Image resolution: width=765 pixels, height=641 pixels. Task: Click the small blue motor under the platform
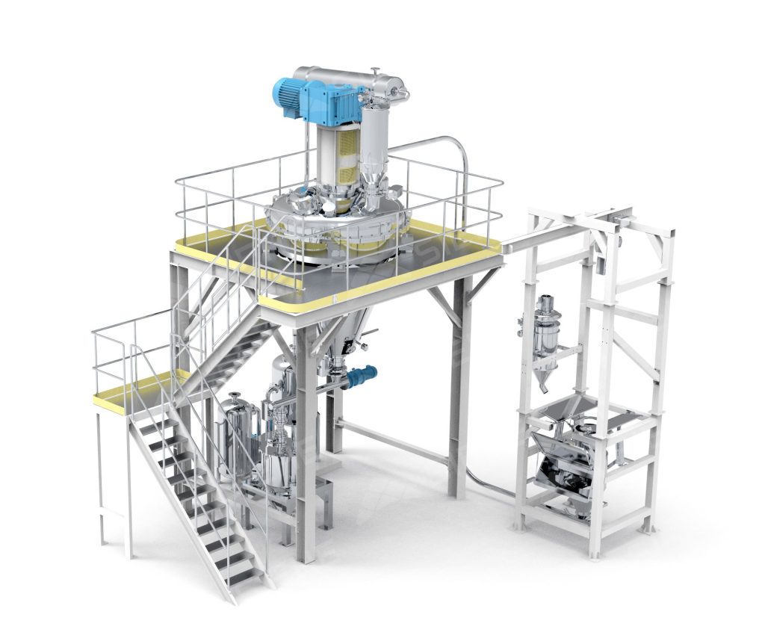(x=362, y=375)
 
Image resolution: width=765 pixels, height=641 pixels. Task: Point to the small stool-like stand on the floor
(x=323, y=497)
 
